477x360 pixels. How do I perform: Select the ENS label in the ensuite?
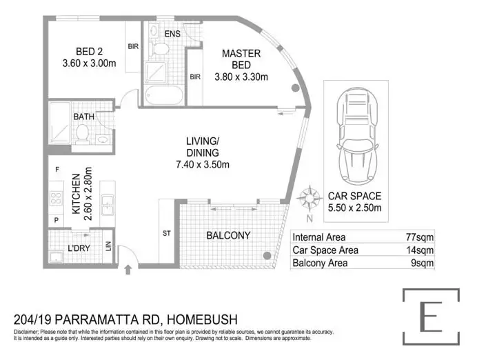pos(172,33)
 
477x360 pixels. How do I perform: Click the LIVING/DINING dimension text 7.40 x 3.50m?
pos(202,164)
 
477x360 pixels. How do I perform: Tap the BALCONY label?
pos(228,236)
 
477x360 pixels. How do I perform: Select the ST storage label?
pos(167,234)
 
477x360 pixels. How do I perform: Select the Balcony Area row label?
pos(321,263)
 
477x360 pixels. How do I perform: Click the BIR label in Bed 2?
pos(133,48)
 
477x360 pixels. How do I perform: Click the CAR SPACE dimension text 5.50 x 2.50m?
pos(354,208)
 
